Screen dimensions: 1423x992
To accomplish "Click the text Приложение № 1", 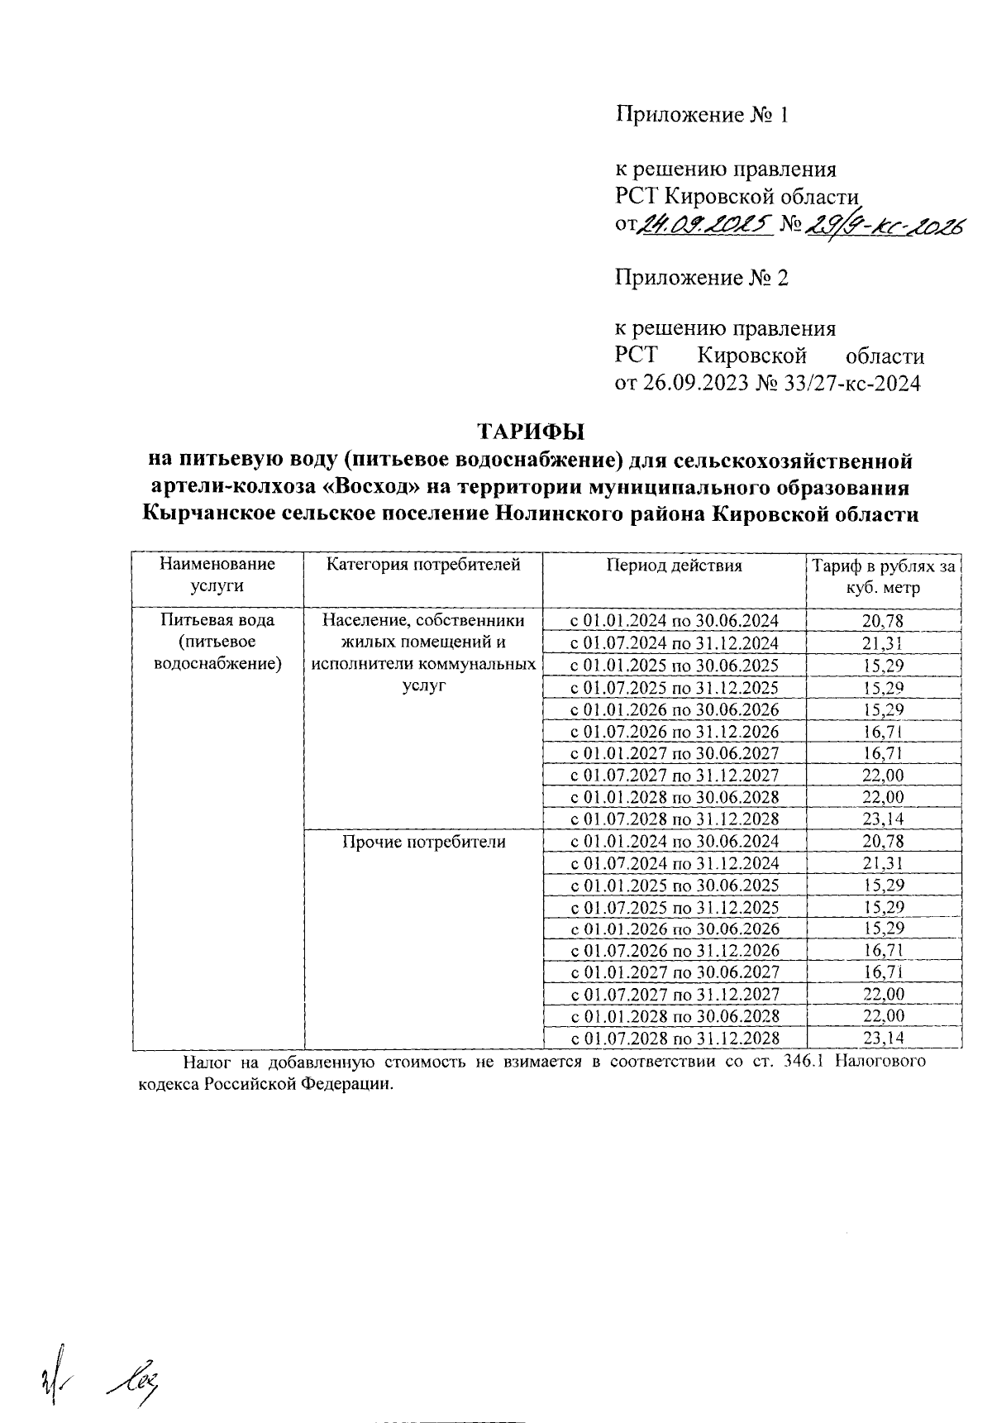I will click(701, 115).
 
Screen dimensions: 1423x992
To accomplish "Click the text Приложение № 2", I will click(701, 278).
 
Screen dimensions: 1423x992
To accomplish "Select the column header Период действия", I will click(674, 566).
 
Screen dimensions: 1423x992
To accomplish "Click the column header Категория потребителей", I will click(423, 566).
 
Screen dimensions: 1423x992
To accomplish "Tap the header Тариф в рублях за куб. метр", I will click(883, 577).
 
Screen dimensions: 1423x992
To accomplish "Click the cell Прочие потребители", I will click(423, 842).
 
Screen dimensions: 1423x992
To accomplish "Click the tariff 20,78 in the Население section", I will click(883, 621).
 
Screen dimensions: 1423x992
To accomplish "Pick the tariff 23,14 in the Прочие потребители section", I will click(883, 1039).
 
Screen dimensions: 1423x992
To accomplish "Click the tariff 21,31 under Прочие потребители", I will click(883, 863).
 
